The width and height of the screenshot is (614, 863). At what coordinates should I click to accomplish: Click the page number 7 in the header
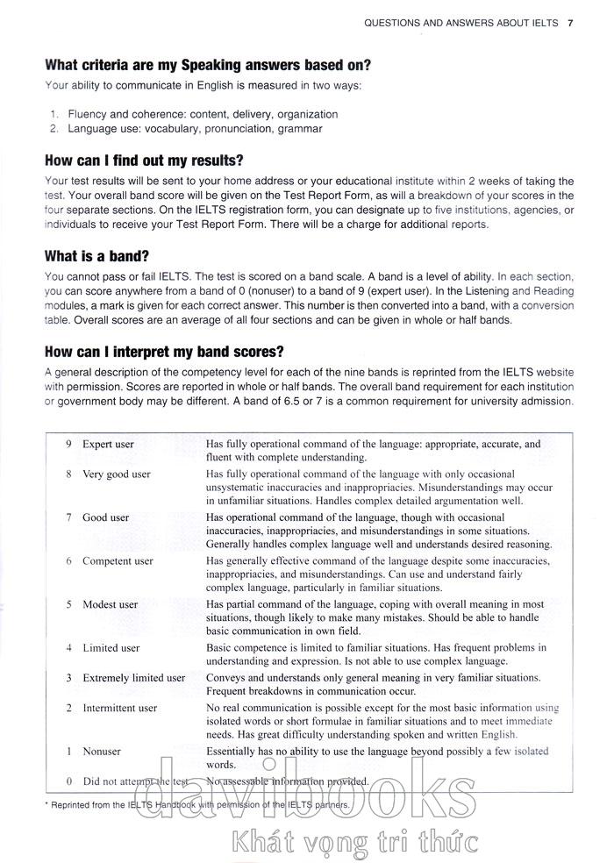570,23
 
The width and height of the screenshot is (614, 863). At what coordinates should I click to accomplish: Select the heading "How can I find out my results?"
144,160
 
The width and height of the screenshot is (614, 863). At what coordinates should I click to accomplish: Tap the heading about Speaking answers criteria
208,65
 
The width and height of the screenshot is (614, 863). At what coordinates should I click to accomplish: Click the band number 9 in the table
68,444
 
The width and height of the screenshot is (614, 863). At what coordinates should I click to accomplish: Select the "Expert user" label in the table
108,444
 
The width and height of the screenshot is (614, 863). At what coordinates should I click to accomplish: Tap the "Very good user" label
116,474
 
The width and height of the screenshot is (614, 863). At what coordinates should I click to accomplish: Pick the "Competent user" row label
118,561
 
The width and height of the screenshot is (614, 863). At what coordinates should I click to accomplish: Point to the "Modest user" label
110,604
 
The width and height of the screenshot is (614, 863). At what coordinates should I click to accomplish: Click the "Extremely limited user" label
133,678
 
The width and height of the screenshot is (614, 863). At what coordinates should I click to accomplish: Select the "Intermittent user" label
119,708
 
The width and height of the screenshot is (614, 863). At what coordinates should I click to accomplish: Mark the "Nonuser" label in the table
102,752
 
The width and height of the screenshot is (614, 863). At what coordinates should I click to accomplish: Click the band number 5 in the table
68,604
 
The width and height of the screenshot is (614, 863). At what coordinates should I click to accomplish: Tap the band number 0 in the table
68,781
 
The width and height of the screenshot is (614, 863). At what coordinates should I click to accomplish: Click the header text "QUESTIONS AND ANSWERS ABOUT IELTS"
460,23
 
